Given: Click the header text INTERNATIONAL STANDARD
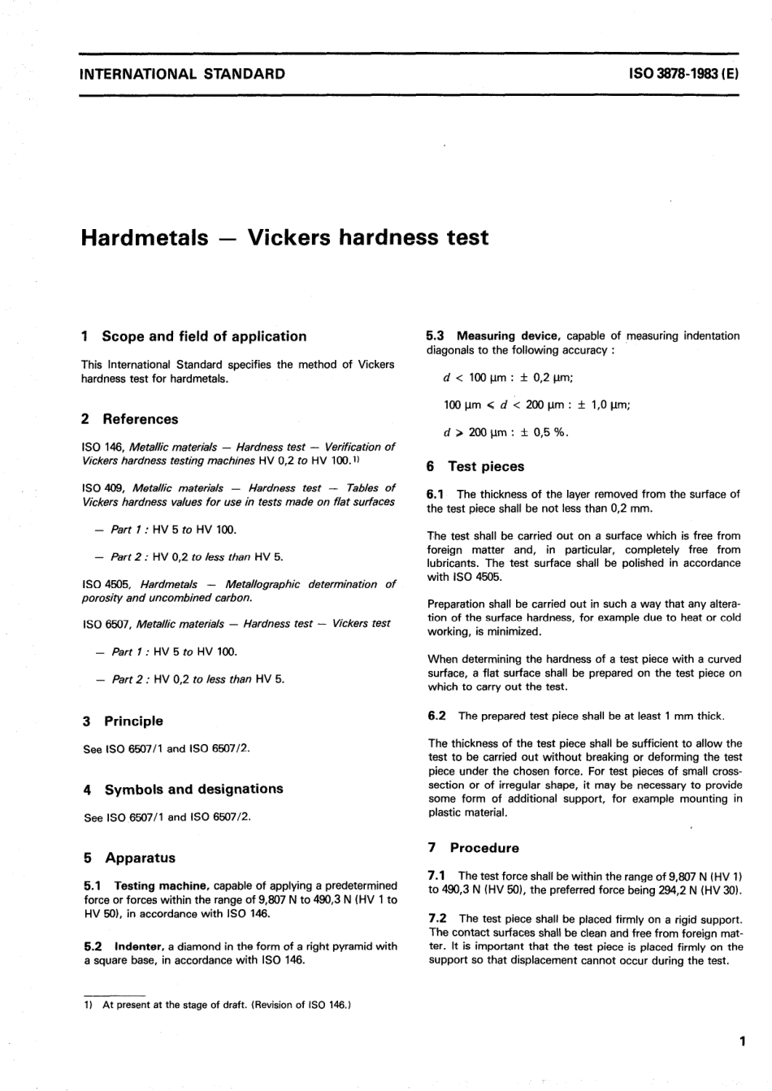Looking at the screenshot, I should coord(182,74).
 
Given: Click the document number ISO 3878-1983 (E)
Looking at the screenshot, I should coord(683,74).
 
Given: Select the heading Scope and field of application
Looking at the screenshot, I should coord(204,336).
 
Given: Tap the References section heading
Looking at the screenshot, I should coord(140,419).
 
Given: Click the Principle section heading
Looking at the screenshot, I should coord(133,721).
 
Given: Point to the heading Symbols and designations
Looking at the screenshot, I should coord(193,789).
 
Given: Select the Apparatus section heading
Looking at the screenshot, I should coord(140,857).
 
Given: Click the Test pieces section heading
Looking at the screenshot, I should coord(486,466).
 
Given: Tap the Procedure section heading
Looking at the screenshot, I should coord(484,847).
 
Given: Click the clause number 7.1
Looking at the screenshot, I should coord(436,876).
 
